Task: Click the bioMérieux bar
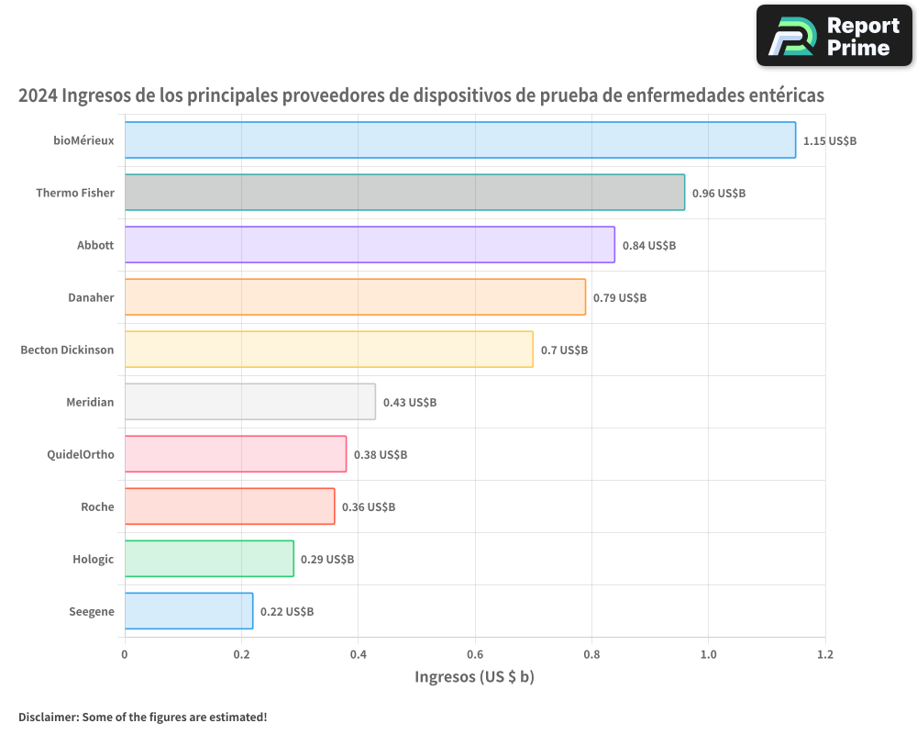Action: click(459, 140)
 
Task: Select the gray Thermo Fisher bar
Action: click(404, 193)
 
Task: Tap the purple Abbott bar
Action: click(370, 245)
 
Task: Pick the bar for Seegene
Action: click(189, 611)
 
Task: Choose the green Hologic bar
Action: click(209, 559)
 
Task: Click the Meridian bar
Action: click(249, 402)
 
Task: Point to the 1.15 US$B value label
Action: click(829, 141)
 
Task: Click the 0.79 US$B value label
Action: click(620, 298)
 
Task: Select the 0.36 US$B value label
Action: click(369, 506)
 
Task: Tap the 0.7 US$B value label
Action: click(564, 350)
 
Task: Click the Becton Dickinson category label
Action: click(67, 350)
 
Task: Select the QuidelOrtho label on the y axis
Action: click(81, 454)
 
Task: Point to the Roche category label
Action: click(97, 506)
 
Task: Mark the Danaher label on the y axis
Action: click(91, 297)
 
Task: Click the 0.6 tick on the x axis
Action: click(475, 654)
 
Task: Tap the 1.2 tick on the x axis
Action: click(825, 654)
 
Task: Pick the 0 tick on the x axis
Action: click(125, 654)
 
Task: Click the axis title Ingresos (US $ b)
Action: click(474, 677)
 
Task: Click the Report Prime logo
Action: click(834, 36)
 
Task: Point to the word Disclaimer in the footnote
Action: click(48, 717)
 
